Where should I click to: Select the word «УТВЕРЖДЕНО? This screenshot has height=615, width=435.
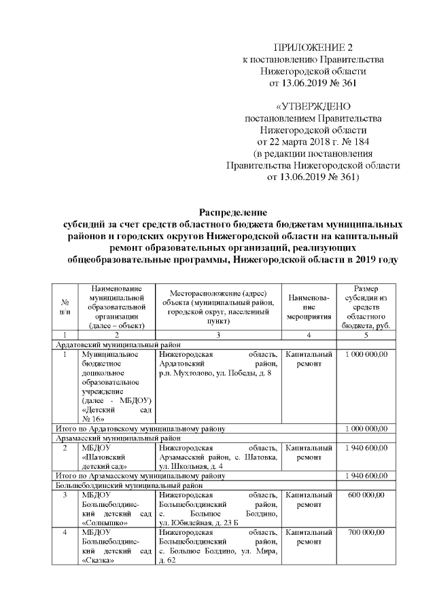(x=313, y=107)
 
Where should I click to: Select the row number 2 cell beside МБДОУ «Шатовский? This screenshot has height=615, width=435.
(x=65, y=448)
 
